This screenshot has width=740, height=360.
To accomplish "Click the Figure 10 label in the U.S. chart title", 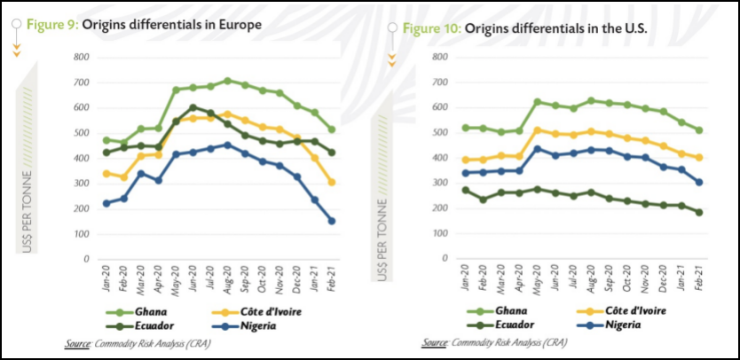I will (x=432, y=28).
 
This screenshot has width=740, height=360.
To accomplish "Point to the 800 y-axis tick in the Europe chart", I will (x=83, y=58).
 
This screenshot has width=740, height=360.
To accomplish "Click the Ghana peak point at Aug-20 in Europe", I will (x=228, y=81).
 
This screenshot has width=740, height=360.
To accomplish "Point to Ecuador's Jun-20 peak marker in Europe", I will (x=193, y=107).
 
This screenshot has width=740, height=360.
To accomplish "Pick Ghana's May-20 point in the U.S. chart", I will (x=538, y=102).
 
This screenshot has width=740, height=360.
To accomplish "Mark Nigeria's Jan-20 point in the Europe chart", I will (x=107, y=203).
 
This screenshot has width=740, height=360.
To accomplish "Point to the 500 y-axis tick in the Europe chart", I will (x=83, y=133).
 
